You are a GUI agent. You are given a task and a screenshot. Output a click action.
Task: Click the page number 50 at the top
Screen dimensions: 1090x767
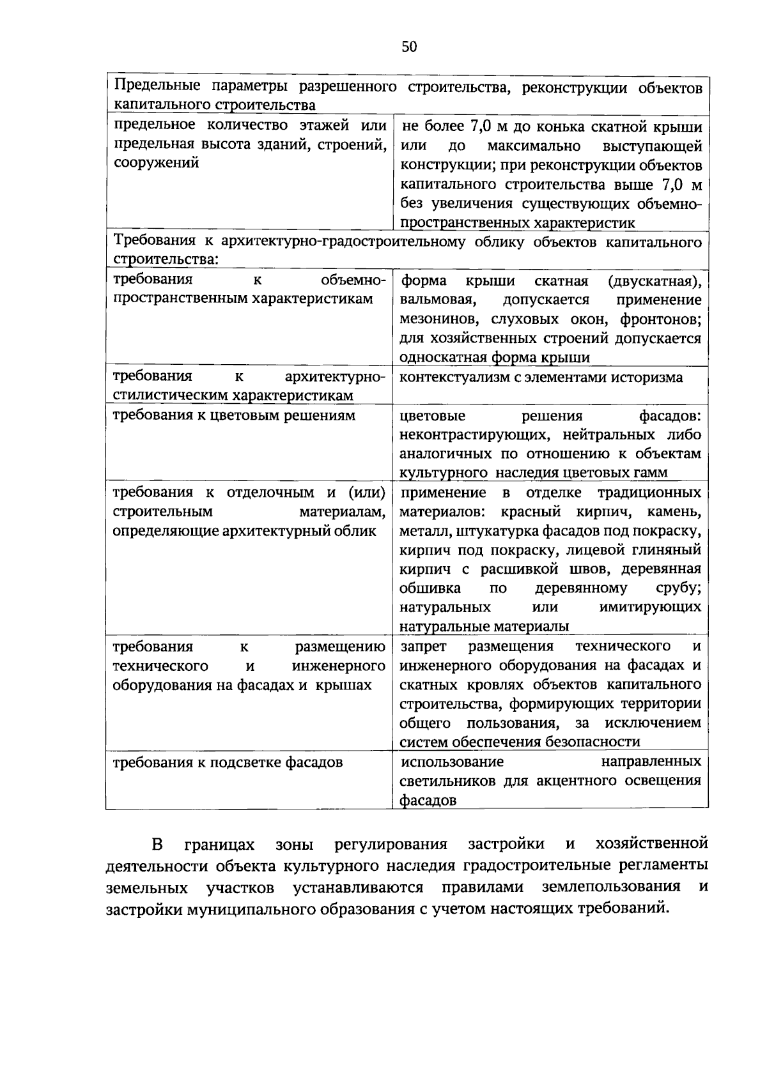pyautogui.click(x=409, y=47)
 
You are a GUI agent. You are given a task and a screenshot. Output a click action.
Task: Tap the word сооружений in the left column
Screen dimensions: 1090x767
pyautogui.click(x=156, y=163)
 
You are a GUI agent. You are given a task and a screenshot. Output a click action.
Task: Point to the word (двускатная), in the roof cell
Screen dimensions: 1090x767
pyautogui.click(x=655, y=281)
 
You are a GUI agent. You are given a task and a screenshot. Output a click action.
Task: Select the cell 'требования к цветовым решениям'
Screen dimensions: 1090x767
pyautogui.click(x=234, y=416)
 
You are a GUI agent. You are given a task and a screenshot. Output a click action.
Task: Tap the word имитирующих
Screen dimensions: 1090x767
pyautogui.click(x=650, y=607)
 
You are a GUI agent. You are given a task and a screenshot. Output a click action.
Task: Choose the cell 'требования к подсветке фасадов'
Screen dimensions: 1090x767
pyautogui.click(x=228, y=762)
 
